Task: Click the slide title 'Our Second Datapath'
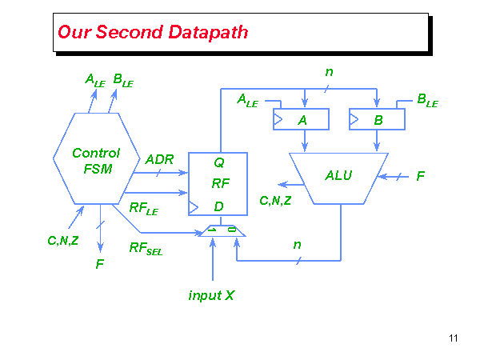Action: (x=152, y=33)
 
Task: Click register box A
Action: (x=302, y=119)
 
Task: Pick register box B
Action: (x=378, y=119)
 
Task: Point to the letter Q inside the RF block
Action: (x=218, y=162)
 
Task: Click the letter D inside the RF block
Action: (x=218, y=206)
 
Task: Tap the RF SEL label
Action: (x=146, y=249)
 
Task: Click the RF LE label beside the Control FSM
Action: (x=144, y=208)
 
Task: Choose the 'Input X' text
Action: (x=211, y=295)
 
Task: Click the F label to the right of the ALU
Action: (x=420, y=176)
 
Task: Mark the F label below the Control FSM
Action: (x=100, y=262)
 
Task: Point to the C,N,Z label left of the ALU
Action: (x=275, y=200)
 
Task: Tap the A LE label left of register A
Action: (x=248, y=101)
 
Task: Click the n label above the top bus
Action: (x=329, y=72)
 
